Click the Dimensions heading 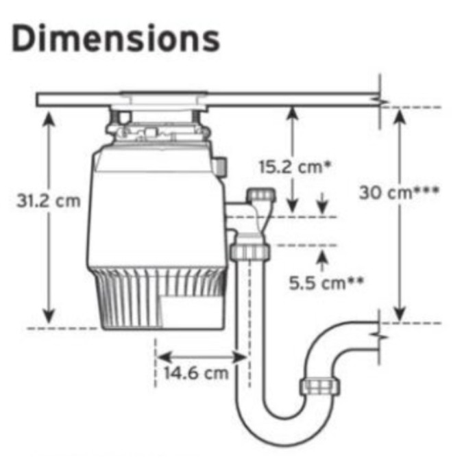pos(116,39)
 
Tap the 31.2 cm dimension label pos(49,201)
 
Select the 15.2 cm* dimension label pos(295,167)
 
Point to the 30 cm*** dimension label pos(399,193)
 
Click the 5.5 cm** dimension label pos(326,283)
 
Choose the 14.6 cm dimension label pos(196,373)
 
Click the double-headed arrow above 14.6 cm pos(202,357)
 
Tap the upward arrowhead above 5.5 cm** pos(322,257)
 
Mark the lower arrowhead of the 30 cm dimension pos(400,313)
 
